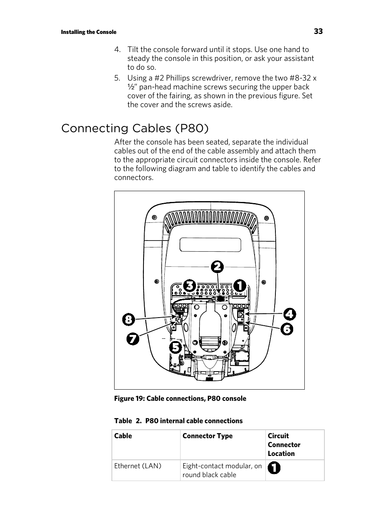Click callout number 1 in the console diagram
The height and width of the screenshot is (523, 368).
click(239, 286)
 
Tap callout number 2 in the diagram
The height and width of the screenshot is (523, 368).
click(217, 267)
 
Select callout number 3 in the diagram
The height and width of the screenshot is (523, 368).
click(189, 286)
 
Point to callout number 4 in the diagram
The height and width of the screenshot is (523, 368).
click(290, 314)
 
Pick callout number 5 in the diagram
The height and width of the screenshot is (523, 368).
click(176, 347)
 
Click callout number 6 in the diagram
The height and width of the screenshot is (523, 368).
click(287, 329)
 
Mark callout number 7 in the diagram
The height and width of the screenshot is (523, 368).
click(133, 339)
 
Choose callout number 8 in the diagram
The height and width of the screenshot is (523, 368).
click(128, 320)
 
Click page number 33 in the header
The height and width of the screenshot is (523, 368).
click(318, 32)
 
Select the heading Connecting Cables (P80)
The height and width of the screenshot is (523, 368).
click(135, 128)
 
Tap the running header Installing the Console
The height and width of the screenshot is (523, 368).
click(88, 32)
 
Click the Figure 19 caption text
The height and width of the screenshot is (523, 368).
click(180, 399)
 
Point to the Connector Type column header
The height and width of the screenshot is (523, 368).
click(208, 436)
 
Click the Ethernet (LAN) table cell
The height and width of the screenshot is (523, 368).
click(138, 466)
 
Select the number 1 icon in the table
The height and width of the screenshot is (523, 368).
click(274, 468)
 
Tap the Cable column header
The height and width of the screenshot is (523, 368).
click(123, 436)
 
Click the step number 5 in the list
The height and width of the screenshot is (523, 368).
click(117, 78)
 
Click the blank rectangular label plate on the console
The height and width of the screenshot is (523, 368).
click(210, 245)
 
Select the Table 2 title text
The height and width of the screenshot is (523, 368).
click(178, 421)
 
